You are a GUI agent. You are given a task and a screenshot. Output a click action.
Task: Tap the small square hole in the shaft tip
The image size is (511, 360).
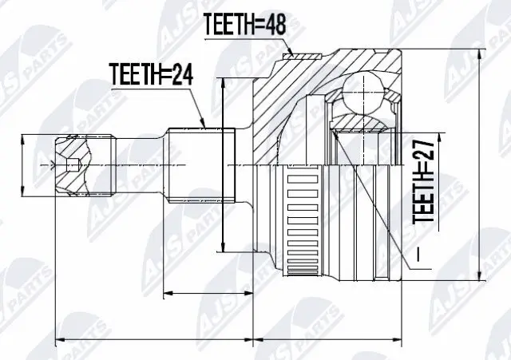73,167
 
